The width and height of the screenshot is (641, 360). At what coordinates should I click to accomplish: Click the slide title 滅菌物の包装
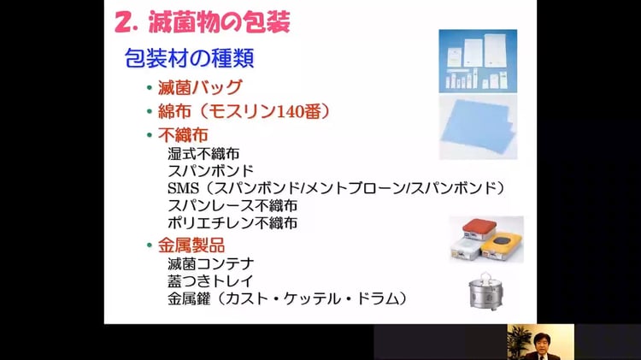pos(219,22)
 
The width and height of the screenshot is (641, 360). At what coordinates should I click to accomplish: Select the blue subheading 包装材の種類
pos(189,57)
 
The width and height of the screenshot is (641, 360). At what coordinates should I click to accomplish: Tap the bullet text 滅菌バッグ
pos(200,87)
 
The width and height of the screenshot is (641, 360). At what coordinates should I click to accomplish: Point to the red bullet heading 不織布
pos(183,134)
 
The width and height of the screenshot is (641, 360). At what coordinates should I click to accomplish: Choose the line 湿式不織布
pos(203,154)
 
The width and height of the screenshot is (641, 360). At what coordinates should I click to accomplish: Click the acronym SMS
pos(183,188)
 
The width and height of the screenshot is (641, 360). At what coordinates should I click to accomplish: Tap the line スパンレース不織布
pos(232,205)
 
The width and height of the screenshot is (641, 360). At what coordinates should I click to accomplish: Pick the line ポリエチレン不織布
pos(232,223)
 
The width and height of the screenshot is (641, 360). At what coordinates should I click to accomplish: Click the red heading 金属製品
pos(191,245)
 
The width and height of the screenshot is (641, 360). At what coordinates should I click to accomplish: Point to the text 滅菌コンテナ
pos(211,264)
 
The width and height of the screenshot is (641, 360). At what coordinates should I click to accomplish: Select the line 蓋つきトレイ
pos(210,281)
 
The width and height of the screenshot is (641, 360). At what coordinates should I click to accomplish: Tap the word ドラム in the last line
pos(378,298)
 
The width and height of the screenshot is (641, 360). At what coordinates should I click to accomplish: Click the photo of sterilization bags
pos(478,61)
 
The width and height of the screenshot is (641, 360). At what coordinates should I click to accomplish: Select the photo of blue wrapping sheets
pos(478,127)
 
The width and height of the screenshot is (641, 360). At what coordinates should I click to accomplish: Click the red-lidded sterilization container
pos(473,231)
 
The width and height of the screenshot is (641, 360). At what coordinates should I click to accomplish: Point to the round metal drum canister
pos(485,292)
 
